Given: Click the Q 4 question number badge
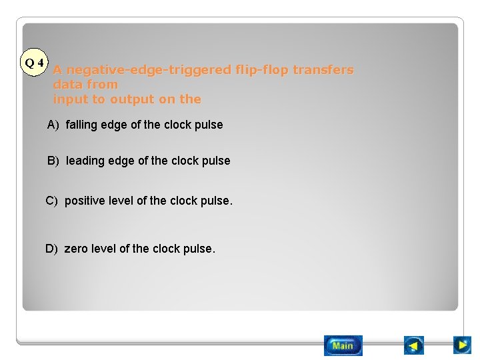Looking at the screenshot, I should coord(34,63).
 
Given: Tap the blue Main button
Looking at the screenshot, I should coord(343,345).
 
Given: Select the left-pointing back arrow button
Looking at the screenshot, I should coord(414,345).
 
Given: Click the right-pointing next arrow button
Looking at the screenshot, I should coord(462,345).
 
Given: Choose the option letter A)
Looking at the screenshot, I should coord(53,125).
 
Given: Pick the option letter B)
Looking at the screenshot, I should coord(53,161).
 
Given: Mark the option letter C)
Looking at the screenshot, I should coord(51,201).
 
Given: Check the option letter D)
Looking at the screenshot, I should coord(51,249).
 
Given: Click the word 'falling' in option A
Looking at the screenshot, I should coord(81,125).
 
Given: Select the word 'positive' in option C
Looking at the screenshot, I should coord(85,201).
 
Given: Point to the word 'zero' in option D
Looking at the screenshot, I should coord(76,249).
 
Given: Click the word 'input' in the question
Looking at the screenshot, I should coord(67,99).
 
